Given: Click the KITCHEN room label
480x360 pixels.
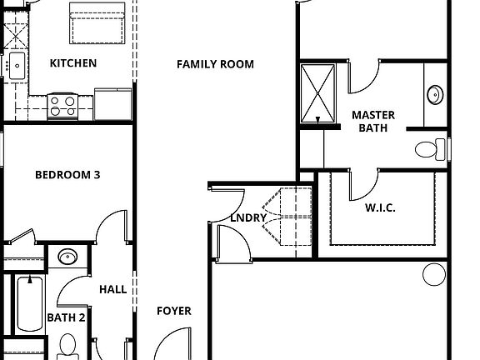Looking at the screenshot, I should [x=73, y=63].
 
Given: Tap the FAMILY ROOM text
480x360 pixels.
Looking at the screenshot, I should [x=215, y=64].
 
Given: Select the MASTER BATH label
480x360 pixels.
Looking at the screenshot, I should [x=372, y=122].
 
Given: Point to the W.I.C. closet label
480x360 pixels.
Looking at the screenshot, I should [x=380, y=207].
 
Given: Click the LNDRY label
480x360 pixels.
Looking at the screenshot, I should [x=248, y=218].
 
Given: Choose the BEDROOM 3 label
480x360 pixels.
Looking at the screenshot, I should [x=67, y=175].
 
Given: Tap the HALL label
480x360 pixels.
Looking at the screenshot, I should [x=112, y=289].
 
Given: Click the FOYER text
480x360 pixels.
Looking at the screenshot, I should [x=174, y=311].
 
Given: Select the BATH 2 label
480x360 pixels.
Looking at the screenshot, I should [x=66, y=317].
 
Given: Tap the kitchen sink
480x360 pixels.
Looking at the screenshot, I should [x=16, y=63].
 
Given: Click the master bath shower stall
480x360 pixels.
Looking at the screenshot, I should [x=317, y=92].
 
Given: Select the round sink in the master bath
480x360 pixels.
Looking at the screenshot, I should [x=435, y=93].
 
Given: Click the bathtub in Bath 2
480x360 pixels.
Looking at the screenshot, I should [x=29, y=304].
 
